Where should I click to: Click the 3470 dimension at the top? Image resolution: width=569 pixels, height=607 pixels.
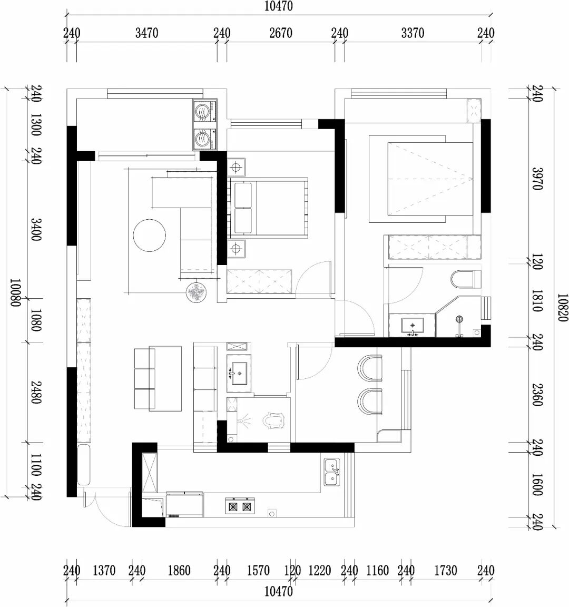click(x=146, y=33)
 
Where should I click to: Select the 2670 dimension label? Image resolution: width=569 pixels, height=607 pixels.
click(x=281, y=33)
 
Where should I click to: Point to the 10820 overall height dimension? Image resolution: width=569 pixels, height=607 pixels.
click(x=563, y=307)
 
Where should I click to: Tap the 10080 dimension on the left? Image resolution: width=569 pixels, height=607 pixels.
click(x=15, y=292)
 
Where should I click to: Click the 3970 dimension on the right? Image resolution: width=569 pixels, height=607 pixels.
click(x=537, y=179)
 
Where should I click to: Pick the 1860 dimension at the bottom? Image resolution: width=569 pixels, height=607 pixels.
click(x=179, y=571)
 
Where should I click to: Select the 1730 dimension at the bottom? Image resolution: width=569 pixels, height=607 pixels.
click(x=446, y=571)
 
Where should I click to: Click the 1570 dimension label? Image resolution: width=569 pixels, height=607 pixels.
click(x=258, y=571)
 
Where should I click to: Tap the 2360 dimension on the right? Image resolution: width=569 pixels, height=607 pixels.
click(x=537, y=395)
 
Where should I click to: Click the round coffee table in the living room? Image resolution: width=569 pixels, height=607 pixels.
click(x=150, y=236)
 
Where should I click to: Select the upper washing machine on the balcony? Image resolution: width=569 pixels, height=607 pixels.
click(x=203, y=112)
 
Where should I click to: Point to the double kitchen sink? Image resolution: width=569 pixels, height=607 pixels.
click(x=332, y=472)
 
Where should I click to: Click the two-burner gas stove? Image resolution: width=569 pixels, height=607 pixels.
click(x=240, y=506)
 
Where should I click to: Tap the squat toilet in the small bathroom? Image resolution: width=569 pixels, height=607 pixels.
click(x=273, y=421)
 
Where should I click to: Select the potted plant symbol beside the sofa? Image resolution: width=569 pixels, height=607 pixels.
click(x=196, y=292)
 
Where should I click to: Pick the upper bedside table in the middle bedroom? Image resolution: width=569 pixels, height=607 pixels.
click(x=236, y=167)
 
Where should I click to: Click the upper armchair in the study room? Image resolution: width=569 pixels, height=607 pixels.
click(x=370, y=368)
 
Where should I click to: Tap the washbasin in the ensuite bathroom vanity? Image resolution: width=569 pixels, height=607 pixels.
click(x=413, y=325)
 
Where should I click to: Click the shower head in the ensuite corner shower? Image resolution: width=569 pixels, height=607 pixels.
click(x=459, y=319)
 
